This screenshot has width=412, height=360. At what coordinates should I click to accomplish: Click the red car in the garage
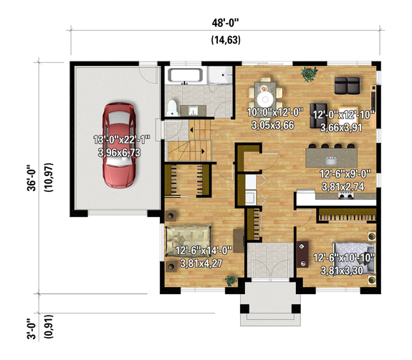pos(120,145)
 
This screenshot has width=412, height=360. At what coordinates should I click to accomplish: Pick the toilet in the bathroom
pos(172,107)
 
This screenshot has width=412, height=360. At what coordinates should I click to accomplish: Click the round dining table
pos(264,95)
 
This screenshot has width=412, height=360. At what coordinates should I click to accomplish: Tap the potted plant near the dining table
pos(310,72)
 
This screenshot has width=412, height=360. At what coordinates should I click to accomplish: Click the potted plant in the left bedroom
pos(171,215)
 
